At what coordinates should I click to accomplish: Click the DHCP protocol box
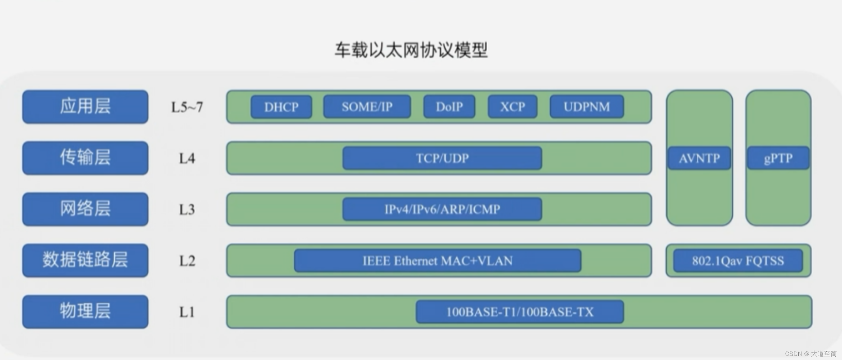(x=281, y=107)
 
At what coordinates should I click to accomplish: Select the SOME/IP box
(x=367, y=107)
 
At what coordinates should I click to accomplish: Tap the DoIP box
(x=449, y=107)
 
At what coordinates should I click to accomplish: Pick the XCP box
(x=512, y=107)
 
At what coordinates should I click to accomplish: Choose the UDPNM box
(x=587, y=107)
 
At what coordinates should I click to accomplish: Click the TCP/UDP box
(x=442, y=158)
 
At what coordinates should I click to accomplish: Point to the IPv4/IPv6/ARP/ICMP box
(x=442, y=209)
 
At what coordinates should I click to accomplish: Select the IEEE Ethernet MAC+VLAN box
(x=438, y=261)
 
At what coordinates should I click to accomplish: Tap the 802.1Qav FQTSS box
(x=738, y=261)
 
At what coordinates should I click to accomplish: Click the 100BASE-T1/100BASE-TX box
(x=520, y=312)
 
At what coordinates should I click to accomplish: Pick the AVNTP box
(x=699, y=158)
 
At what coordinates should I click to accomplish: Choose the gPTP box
(x=778, y=158)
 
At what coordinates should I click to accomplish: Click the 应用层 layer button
(x=85, y=107)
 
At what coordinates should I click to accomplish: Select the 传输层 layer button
(x=85, y=158)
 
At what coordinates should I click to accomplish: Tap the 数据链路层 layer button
(x=85, y=260)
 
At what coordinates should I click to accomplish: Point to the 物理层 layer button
(x=85, y=312)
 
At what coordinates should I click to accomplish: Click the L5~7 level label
(x=187, y=107)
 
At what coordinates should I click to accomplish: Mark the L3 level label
(x=187, y=210)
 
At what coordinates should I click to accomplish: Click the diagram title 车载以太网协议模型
(x=411, y=50)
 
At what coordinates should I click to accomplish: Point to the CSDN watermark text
(x=810, y=354)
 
